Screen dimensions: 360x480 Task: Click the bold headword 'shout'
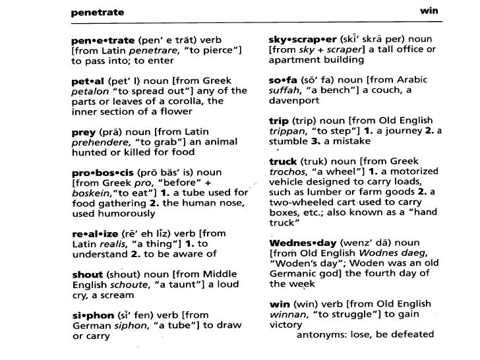click(87, 274)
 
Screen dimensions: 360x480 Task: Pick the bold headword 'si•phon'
click(90, 315)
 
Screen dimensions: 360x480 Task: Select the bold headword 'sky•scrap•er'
click(303, 39)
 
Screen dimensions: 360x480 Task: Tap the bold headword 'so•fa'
click(282, 80)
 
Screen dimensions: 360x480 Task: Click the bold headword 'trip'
click(278, 121)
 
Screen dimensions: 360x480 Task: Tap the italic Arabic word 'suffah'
click(285, 90)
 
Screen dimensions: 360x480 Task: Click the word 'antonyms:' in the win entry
click(318, 335)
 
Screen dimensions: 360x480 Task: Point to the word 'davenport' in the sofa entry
click(294, 101)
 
